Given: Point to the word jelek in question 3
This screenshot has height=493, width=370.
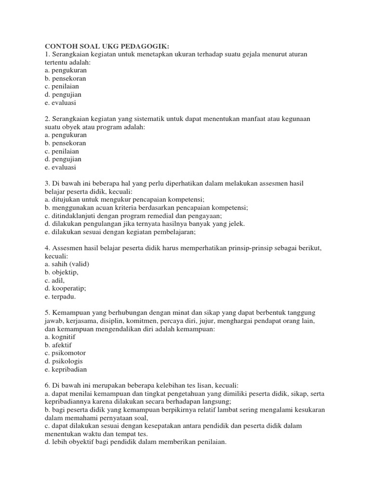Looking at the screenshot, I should coord(235,224).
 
